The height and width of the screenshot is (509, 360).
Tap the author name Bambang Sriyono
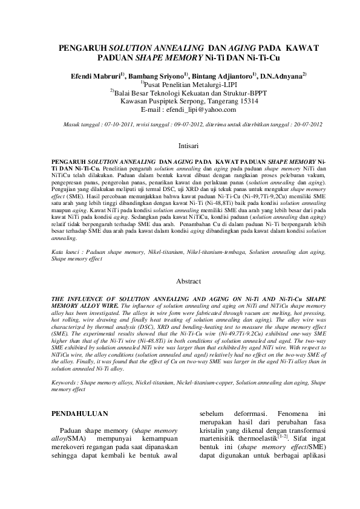click(157, 76)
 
